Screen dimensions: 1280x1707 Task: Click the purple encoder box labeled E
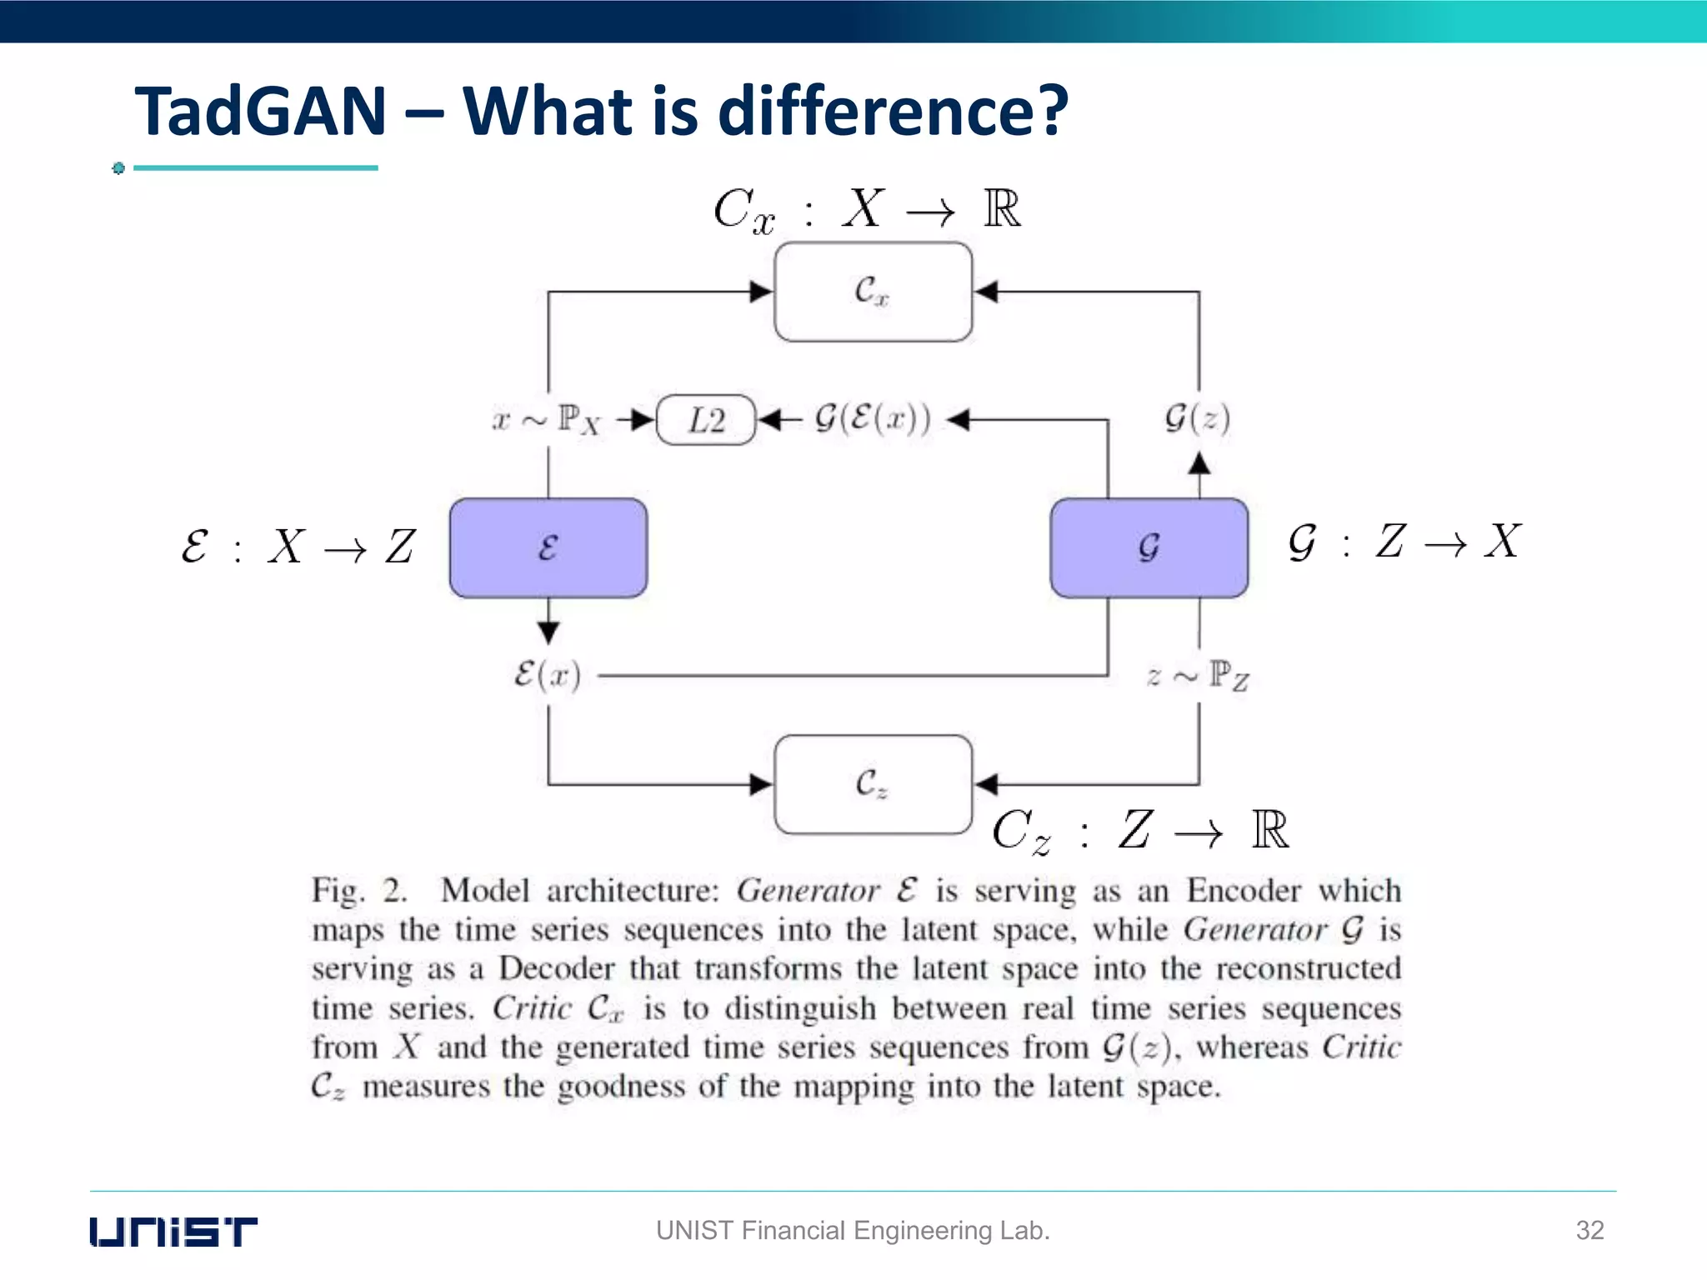coord(548,547)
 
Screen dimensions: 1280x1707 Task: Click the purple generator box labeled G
coord(1149,547)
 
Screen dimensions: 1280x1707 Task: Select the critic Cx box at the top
coord(873,292)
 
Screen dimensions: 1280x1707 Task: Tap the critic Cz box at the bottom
coord(873,784)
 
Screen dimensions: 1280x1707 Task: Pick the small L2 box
coord(706,419)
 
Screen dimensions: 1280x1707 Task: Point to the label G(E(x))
coord(872,418)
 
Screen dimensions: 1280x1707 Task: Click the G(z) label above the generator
coord(1197,417)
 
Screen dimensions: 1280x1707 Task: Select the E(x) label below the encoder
coord(547,674)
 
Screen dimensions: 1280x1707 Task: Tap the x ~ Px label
coord(546,419)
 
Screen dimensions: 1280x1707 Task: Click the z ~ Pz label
coord(1198,676)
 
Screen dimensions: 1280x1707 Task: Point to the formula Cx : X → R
coord(867,209)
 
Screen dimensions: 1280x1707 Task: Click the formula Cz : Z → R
coord(1140,831)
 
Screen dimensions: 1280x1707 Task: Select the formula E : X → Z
coord(298,547)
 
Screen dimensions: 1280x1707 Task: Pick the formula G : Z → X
coord(1404,542)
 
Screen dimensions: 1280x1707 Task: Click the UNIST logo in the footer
coord(173,1231)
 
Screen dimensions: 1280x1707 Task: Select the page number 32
coord(1589,1230)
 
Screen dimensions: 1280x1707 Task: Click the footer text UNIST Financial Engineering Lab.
coord(853,1230)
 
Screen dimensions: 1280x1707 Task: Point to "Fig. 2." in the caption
coord(359,891)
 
